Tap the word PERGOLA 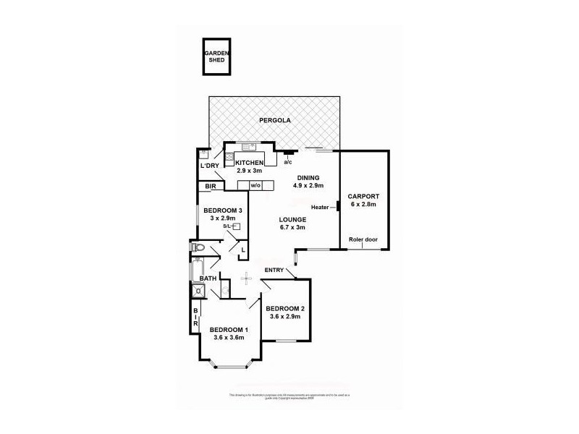tap(275, 121)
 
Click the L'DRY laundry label tap(210, 166)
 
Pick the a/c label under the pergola tap(288, 161)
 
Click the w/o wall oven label tap(255, 186)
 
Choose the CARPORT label tap(363, 197)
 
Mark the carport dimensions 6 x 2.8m tap(363, 205)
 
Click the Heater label tap(321, 208)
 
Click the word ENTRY tap(274, 270)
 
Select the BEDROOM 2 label tap(289, 308)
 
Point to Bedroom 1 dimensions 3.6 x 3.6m tap(229, 337)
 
